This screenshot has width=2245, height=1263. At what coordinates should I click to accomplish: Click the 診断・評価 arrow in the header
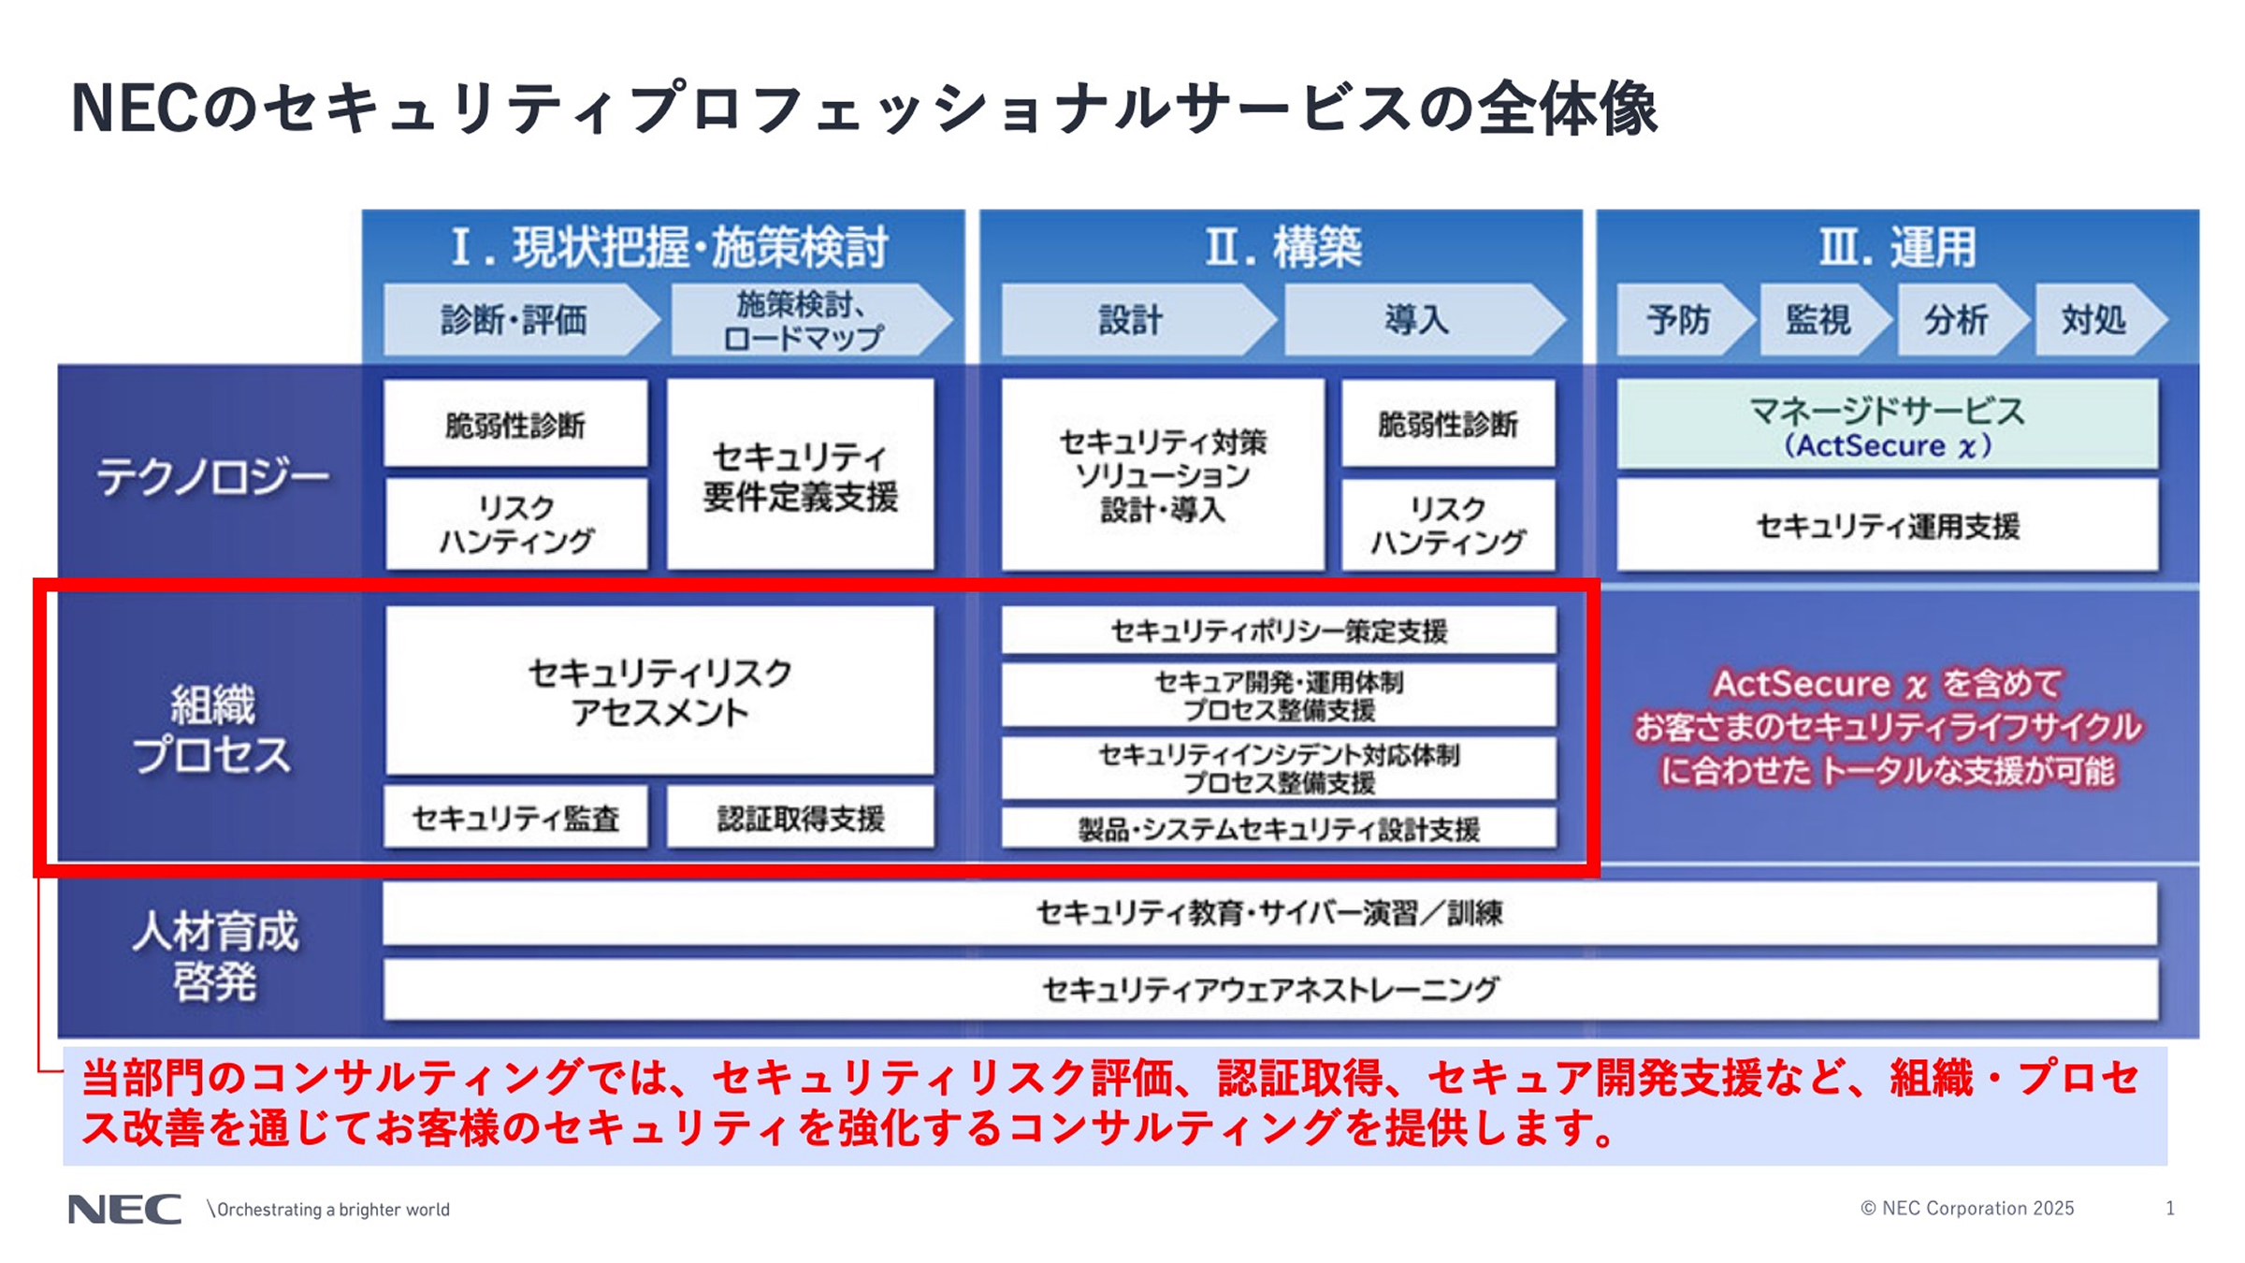[514, 320]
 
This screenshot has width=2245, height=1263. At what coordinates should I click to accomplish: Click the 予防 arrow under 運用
[1679, 320]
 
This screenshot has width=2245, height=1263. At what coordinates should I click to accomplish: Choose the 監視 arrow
[1818, 320]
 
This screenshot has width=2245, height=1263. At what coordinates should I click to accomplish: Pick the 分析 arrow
[1956, 320]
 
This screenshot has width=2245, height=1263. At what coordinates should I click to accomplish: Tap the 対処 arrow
[2094, 320]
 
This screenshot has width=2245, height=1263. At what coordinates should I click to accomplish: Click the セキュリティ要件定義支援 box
[800, 474]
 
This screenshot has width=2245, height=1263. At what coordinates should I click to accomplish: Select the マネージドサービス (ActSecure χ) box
[1888, 426]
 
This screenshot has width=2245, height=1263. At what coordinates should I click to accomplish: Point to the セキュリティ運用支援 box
[1888, 526]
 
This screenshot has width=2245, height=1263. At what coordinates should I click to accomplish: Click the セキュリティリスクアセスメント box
[659, 691]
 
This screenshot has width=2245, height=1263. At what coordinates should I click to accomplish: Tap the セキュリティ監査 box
[515, 819]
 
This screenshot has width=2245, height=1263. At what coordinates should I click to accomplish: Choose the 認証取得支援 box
[801, 819]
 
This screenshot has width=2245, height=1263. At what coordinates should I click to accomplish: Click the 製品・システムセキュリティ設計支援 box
[1279, 829]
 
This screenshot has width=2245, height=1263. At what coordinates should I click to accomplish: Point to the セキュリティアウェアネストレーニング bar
[1269, 989]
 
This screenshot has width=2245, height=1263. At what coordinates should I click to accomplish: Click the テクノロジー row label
[212, 477]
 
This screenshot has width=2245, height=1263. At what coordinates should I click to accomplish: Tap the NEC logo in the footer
[124, 1209]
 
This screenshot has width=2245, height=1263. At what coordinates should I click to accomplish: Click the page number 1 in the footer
[2169, 1209]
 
